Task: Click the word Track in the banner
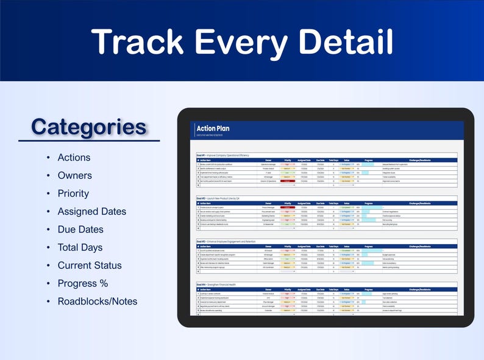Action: pos(140,42)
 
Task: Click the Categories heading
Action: pos(88,127)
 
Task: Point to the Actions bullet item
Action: pos(74,157)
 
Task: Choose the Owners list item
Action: pos(74,176)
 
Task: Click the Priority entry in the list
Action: pos(73,193)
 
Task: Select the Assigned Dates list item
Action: pos(92,212)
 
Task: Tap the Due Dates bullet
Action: pos(80,229)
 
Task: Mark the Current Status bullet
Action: pos(90,265)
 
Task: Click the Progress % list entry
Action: pos(83,283)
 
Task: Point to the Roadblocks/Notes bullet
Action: pos(98,301)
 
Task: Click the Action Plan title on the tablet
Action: pos(213,128)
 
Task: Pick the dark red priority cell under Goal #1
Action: pos(287,181)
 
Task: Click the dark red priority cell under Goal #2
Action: pos(287,207)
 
